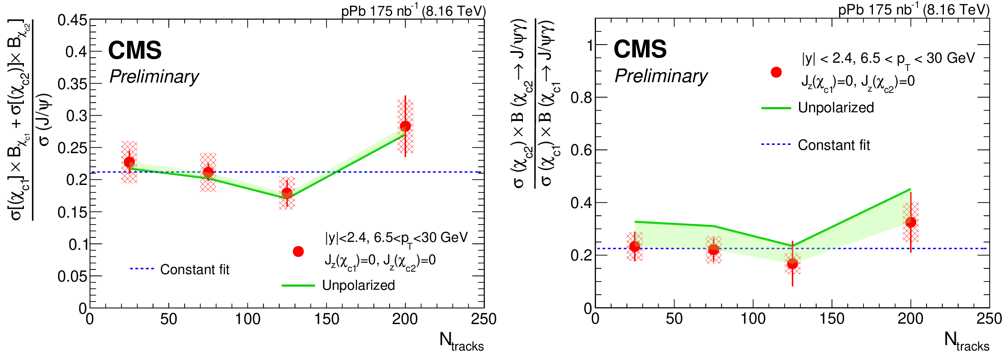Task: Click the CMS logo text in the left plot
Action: (x=135, y=50)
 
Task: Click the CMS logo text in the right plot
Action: (x=640, y=49)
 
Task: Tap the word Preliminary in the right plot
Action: (x=661, y=76)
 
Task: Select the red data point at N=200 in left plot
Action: (x=405, y=126)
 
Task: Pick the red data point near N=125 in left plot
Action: (x=287, y=193)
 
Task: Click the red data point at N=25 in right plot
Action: (x=635, y=246)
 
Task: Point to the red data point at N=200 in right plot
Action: (x=910, y=222)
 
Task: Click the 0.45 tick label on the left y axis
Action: (x=72, y=20)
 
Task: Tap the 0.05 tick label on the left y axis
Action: (x=72, y=276)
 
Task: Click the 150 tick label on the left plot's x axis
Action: (x=326, y=319)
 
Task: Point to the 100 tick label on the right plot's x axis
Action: (x=753, y=319)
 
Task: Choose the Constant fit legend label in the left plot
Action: (x=194, y=270)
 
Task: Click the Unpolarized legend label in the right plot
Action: (x=836, y=108)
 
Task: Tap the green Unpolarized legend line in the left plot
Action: (x=298, y=285)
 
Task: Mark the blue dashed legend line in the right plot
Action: (x=776, y=144)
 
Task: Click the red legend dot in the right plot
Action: (x=776, y=72)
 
